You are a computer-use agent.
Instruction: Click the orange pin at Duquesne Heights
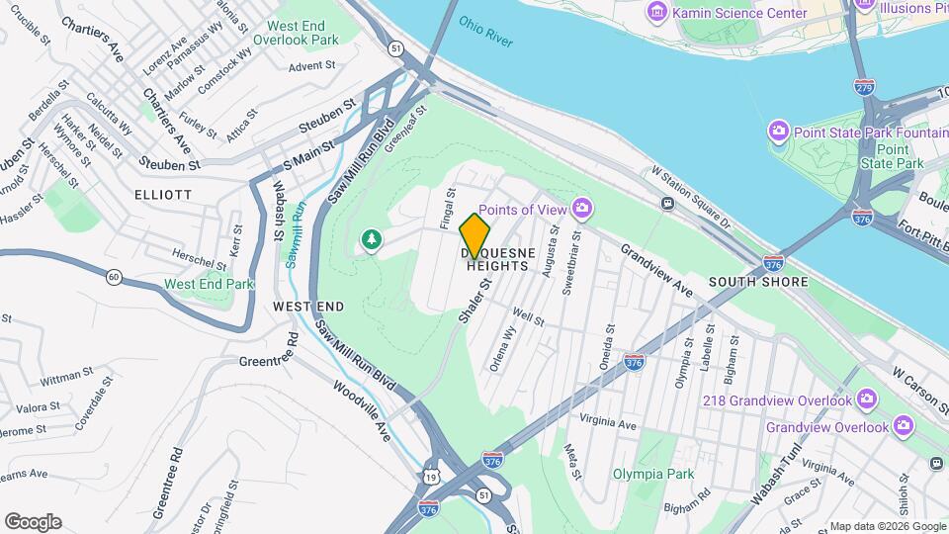pyautogui.click(x=475, y=236)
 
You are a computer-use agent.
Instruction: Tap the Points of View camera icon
pyautogui.click(x=582, y=208)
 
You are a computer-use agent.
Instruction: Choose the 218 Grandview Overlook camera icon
pyautogui.click(x=867, y=400)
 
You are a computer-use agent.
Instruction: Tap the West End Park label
pyautogui.click(x=209, y=284)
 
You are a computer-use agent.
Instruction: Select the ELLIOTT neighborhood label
pyautogui.click(x=163, y=195)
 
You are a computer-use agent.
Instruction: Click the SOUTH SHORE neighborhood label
pyautogui.click(x=758, y=282)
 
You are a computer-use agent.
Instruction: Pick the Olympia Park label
pyautogui.click(x=652, y=474)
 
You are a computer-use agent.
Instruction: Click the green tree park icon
pyautogui.click(x=372, y=240)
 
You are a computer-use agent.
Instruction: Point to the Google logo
pyautogui.click(x=33, y=521)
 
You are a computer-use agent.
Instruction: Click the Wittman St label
pyautogui.click(x=67, y=377)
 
